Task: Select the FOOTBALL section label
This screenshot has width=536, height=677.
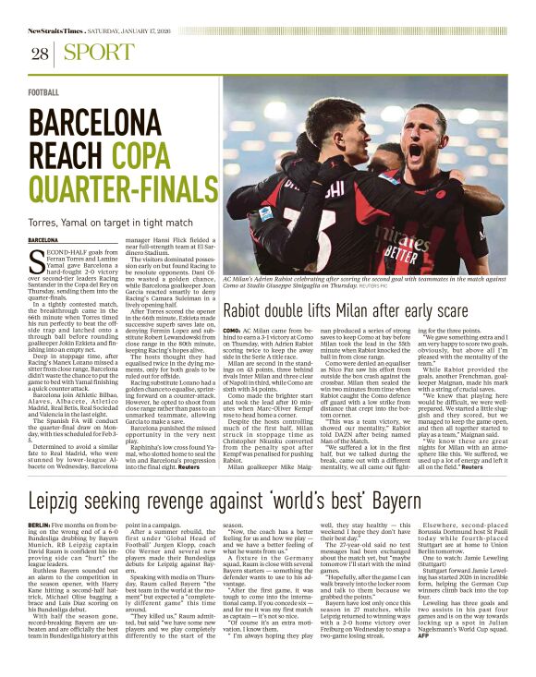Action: coord(43,93)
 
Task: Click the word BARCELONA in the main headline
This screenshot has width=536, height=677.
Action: coord(95,124)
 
